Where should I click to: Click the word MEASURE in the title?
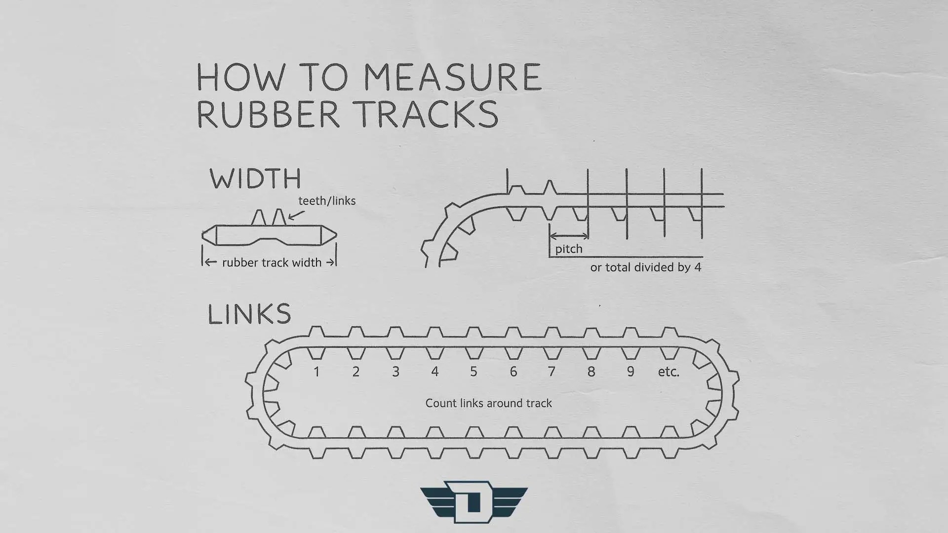(x=453, y=77)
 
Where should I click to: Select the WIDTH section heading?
(x=255, y=179)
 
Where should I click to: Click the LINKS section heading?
(x=249, y=314)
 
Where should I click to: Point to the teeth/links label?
(x=327, y=201)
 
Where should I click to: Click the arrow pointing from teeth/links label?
(x=296, y=215)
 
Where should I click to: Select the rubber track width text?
(x=272, y=263)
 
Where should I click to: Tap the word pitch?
(x=569, y=249)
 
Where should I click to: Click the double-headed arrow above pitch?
(x=569, y=236)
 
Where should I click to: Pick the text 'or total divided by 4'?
(x=645, y=267)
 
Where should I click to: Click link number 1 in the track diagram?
(x=316, y=372)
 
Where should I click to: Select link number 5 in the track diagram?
(x=474, y=372)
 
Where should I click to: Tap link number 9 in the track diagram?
(x=631, y=372)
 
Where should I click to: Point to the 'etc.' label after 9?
(x=669, y=372)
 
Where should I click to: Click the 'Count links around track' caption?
(x=488, y=403)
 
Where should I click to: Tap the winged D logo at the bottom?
(x=474, y=501)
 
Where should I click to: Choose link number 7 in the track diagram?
(x=552, y=372)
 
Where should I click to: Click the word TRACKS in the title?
(x=428, y=114)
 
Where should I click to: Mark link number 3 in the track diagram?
(x=395, y=372)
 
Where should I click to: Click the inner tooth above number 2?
(x=356, y=353)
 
